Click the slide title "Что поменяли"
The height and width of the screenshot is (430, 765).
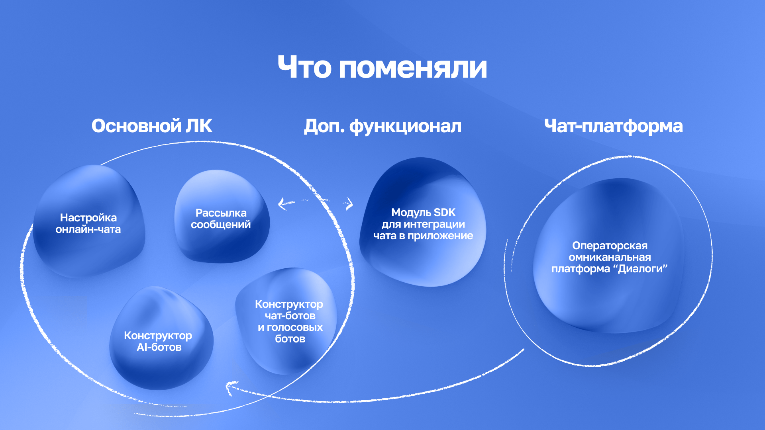[x=382, y=67]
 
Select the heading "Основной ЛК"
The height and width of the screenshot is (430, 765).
[x=152, y=126]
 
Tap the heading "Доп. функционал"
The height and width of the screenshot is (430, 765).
[x=382, y=126]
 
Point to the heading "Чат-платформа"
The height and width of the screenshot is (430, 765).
[x=613, y=126]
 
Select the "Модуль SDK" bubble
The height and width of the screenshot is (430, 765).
[x=423, y=259]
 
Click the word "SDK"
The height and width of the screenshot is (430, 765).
[x=444, y=213]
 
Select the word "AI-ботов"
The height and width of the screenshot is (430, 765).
[x=159, y=347]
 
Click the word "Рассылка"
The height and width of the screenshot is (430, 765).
[x=221, y=213]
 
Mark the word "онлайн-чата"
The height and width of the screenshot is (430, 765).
[x=88, y=229]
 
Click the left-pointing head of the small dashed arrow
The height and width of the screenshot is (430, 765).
[x=282, y=204]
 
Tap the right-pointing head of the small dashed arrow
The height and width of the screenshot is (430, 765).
[x=350, y=204]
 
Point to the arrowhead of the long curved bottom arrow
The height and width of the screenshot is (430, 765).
[x=229, y=387]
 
